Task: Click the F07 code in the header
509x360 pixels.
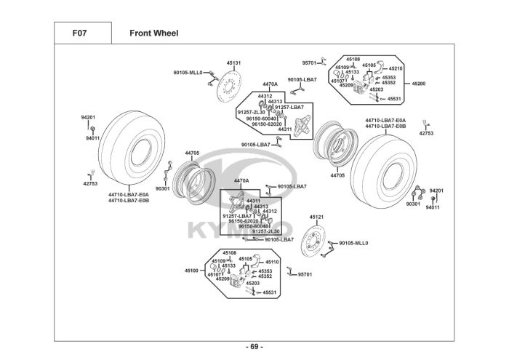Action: click(80, 33)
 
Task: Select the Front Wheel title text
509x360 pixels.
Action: click(153, 33)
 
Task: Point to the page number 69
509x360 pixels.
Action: click(255, 345)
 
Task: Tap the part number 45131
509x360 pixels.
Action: click(233, 63)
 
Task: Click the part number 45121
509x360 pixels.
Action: click(316, 217)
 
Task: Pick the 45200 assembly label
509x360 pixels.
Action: click(419, 84)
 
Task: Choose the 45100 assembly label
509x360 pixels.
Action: click(191, 271)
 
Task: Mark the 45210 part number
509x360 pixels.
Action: click(396, 68)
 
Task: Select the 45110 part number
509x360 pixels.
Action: click(272, 262)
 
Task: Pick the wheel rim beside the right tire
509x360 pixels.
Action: click(334, 145)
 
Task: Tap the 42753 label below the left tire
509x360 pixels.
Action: click(90, 184)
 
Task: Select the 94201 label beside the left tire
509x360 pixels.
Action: click(88, 117)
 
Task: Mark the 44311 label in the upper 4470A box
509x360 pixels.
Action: click(284, 129)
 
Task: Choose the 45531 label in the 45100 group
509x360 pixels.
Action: click(269, 292)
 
